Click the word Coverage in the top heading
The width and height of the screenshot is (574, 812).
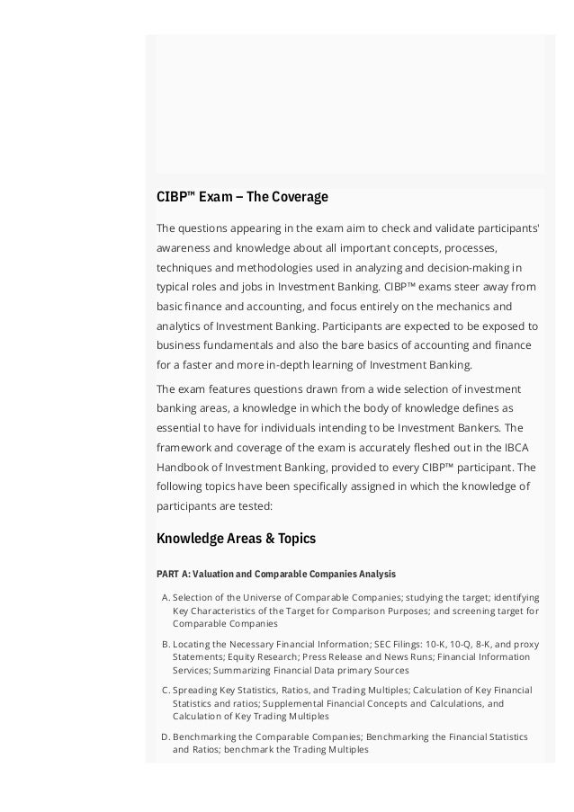(300, 196)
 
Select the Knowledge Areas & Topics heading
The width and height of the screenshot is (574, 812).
(237, 539)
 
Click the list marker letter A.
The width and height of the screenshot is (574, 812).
(165, 597)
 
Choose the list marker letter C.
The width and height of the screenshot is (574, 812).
(165, 691)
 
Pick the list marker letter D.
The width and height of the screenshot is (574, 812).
(165, 737)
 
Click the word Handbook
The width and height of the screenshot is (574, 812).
(185, 467)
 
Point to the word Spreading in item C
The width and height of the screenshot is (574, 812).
(196, 691)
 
